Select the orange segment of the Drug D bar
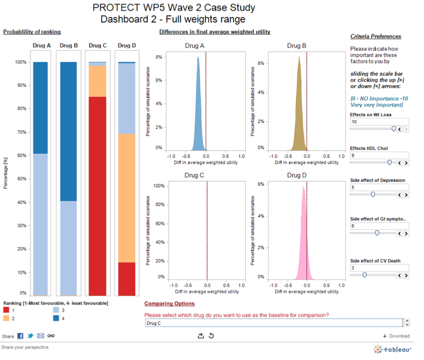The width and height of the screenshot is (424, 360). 126,198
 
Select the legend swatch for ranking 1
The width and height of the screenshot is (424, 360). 6,310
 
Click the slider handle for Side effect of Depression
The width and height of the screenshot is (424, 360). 373,194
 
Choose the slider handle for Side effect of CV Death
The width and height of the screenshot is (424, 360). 365,275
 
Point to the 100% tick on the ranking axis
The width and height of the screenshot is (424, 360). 20,62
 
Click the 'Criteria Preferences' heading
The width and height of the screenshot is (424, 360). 376,37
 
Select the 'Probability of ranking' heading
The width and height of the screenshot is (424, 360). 32,32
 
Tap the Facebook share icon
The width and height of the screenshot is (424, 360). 20,336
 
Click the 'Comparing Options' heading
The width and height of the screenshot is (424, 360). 170,304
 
